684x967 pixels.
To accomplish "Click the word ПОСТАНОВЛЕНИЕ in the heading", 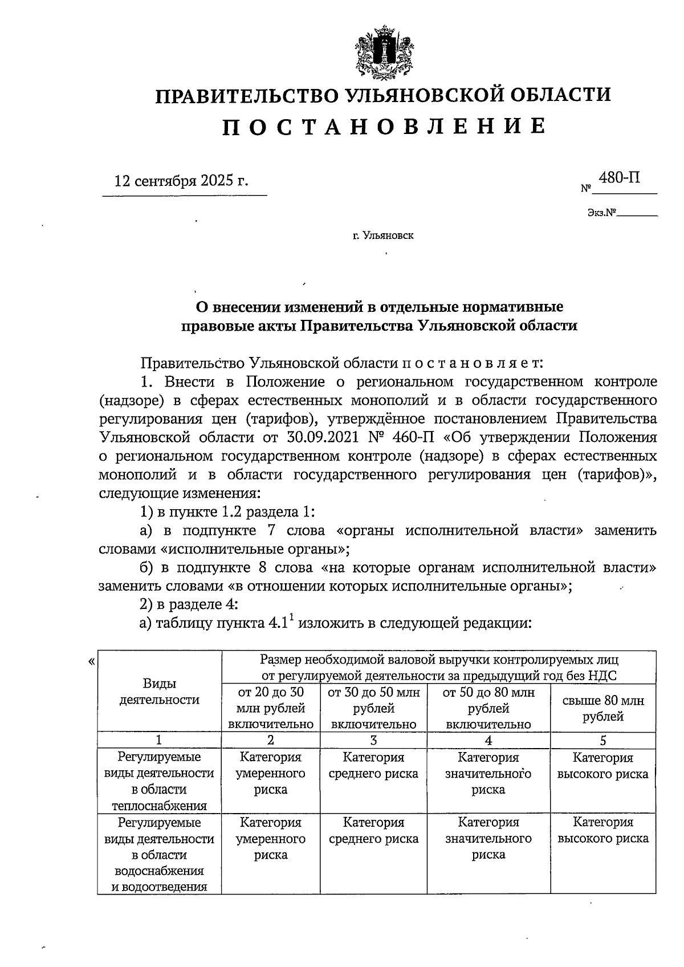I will coord(384,127).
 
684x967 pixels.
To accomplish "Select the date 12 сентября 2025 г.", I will coord(182,181).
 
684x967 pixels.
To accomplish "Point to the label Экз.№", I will coord(603,213).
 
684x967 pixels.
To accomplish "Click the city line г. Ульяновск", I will coord(383,235).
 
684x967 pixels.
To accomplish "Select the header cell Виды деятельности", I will coord(159,691).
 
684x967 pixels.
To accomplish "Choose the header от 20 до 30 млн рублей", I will coord(271,708).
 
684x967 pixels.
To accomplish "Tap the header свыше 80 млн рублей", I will coord(603,708).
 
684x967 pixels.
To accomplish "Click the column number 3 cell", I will coord(373,740).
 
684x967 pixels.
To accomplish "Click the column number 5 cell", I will coord(603,740).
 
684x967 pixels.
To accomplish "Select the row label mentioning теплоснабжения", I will coord(159,781).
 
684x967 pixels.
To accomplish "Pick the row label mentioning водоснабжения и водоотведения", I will coord(159,854).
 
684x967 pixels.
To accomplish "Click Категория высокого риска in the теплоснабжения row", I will coord(603,766).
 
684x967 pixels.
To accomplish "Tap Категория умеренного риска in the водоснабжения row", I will coord(271,839).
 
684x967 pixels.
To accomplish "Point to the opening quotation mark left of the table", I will coord(91,662).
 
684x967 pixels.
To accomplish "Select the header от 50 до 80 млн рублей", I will coord(488,708).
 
